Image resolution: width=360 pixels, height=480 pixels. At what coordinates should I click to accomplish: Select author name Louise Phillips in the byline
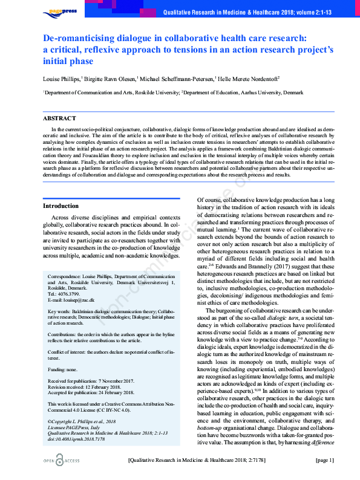pos(61,78)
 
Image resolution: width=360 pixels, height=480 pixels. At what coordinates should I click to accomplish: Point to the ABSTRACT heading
pos(59,118)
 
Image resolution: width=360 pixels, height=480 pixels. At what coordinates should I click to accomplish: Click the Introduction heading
pos(61,206)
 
